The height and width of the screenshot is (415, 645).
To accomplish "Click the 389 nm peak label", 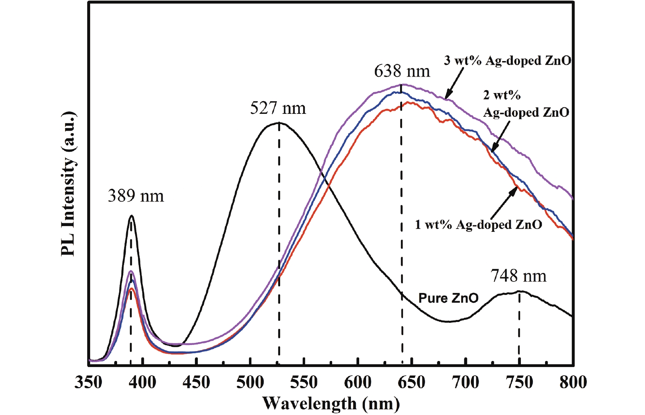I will coord(136,196).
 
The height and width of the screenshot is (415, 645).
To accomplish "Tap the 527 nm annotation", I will coord(278,109).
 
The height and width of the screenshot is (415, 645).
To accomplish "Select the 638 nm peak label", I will coord(402,71).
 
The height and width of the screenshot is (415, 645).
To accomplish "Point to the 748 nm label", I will coord(518,276).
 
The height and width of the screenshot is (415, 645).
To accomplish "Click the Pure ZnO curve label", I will coord(448,298).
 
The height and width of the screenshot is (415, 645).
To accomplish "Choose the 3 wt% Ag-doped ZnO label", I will coord(507,61).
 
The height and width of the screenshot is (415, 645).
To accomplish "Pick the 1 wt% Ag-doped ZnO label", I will coord(478,225).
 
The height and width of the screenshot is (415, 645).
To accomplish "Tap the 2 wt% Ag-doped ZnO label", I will coord(526,104).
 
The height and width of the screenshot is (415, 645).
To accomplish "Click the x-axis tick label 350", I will coord(88,382).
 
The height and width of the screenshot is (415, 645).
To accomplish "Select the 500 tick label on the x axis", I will coord(250,382).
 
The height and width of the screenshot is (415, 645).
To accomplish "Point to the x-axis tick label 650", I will coord(412,382).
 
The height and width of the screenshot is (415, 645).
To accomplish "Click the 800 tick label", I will coord(573,382).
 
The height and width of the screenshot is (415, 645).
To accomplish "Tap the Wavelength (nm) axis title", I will coord(331,404).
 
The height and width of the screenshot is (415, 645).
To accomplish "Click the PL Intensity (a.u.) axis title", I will coord(68,184).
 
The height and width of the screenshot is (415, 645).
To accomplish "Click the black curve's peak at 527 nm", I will coord(278,122).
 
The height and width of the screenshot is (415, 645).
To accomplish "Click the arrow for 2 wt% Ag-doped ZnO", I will coord(500,137).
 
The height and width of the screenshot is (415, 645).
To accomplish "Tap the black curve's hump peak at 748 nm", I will coord(519,291).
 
